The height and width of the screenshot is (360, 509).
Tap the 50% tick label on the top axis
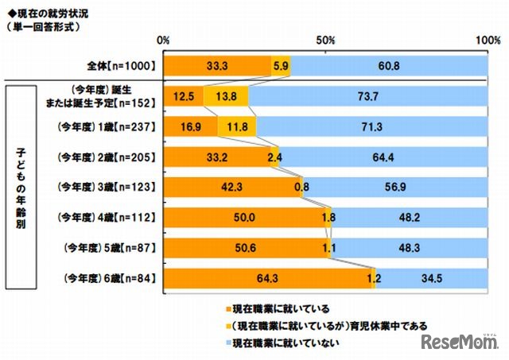[326, 40]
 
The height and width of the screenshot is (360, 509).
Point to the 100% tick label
[486, 40]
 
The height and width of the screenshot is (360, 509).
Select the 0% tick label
[165, 40]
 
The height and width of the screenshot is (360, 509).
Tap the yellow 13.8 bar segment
[227, 96]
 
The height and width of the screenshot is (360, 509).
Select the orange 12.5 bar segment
[184, 96]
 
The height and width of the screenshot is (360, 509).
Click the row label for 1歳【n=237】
[110, 126]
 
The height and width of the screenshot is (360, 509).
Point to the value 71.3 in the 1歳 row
[372, 126]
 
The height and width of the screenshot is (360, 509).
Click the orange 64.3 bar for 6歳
[268, 278]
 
